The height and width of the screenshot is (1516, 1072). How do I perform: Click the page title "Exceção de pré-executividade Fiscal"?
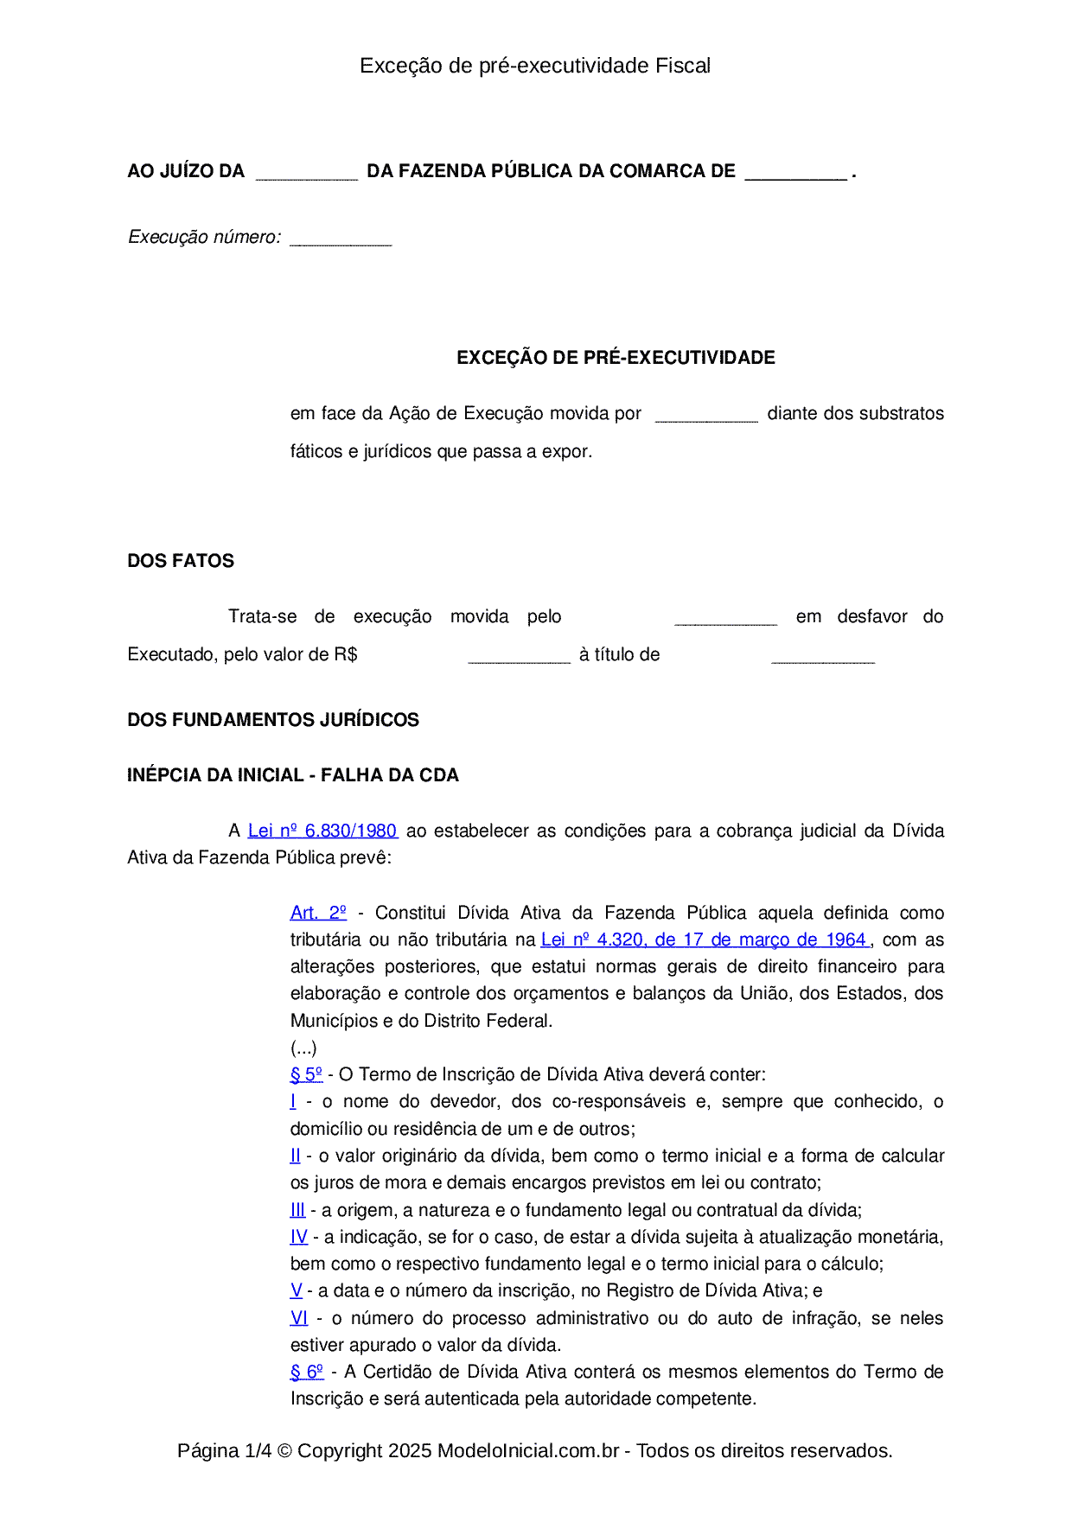[535, 66]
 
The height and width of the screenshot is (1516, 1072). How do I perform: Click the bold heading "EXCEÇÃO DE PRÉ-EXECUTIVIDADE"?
[616, 358]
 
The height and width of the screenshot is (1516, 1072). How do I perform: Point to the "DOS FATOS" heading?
[181, 561]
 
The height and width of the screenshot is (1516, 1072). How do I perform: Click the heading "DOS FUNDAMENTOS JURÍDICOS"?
[273, 720]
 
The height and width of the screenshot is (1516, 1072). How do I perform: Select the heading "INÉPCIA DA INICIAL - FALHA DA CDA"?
[293, 775]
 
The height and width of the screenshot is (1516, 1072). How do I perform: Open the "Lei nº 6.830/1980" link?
[322, 831]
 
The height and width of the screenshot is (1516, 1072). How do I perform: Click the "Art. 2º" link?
[318, 913]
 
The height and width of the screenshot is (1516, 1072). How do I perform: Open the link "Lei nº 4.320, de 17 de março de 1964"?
[705, 940]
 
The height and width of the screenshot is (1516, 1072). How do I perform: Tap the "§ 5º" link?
[306, 1074]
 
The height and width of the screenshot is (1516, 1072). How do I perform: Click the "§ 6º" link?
[307, 1372]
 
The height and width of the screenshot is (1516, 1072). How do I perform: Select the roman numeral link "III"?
[297, 1210]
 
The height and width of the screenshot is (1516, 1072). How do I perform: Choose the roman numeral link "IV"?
[299, 1237]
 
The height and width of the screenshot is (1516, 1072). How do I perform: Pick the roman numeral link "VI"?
[299, 1318]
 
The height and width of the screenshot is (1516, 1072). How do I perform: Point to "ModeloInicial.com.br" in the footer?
[528, 1450]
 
